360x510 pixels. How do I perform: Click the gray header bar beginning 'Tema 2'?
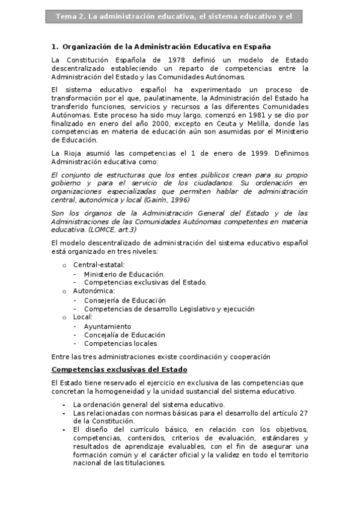(x=174, y=17)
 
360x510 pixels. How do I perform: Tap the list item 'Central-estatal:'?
(x=99, y=265)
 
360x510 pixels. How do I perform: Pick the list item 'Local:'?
(x=83, y=317)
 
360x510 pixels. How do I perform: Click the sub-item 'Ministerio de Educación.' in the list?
(x=124, y=274)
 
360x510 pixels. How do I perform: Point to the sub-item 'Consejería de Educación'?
(x=124, y=300)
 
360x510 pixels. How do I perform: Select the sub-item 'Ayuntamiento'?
(x=108, y=327)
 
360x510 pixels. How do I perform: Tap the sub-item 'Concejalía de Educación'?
(x=124, y=335)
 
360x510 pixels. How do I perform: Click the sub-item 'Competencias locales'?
(x=120, y=343)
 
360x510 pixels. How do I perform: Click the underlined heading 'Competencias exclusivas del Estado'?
(x=120, y=369)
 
